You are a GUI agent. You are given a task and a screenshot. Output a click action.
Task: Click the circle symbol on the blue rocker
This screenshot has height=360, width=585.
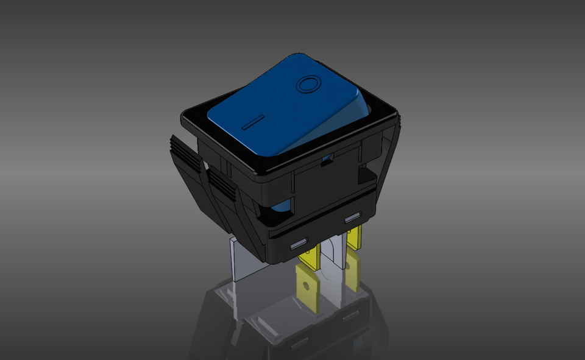308,83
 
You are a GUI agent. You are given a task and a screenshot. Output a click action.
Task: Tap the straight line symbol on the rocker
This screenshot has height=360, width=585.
253,122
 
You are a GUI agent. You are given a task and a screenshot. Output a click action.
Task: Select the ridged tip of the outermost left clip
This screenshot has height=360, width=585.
185,151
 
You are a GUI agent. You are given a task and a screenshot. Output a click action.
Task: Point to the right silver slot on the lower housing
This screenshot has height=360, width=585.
352,217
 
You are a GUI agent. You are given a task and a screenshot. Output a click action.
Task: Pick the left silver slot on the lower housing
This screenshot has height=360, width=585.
299,244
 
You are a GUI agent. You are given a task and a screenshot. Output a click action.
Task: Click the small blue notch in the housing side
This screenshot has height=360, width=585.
328,160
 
